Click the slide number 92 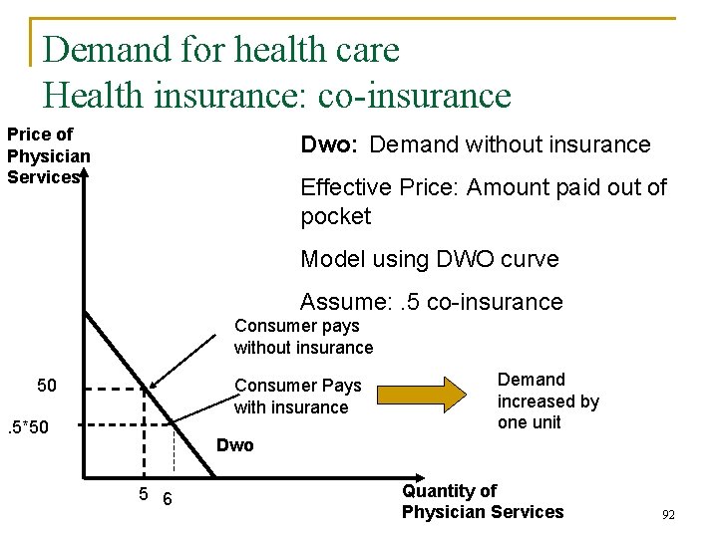pos(668,515)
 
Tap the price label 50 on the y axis pos(46,386)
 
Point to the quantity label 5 pos(144,495)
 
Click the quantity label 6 pos(167,498)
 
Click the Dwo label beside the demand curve pos(235,445)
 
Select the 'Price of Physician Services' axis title pos(48,155)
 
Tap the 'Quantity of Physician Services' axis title pos(482,501)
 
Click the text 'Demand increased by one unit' pos(547,401)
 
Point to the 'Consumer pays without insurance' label pos(303,337)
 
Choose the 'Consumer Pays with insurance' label pos(297,397)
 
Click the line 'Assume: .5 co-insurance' pos(431,302)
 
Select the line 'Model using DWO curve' pos(429,259)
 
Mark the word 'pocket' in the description pos(335,216)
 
